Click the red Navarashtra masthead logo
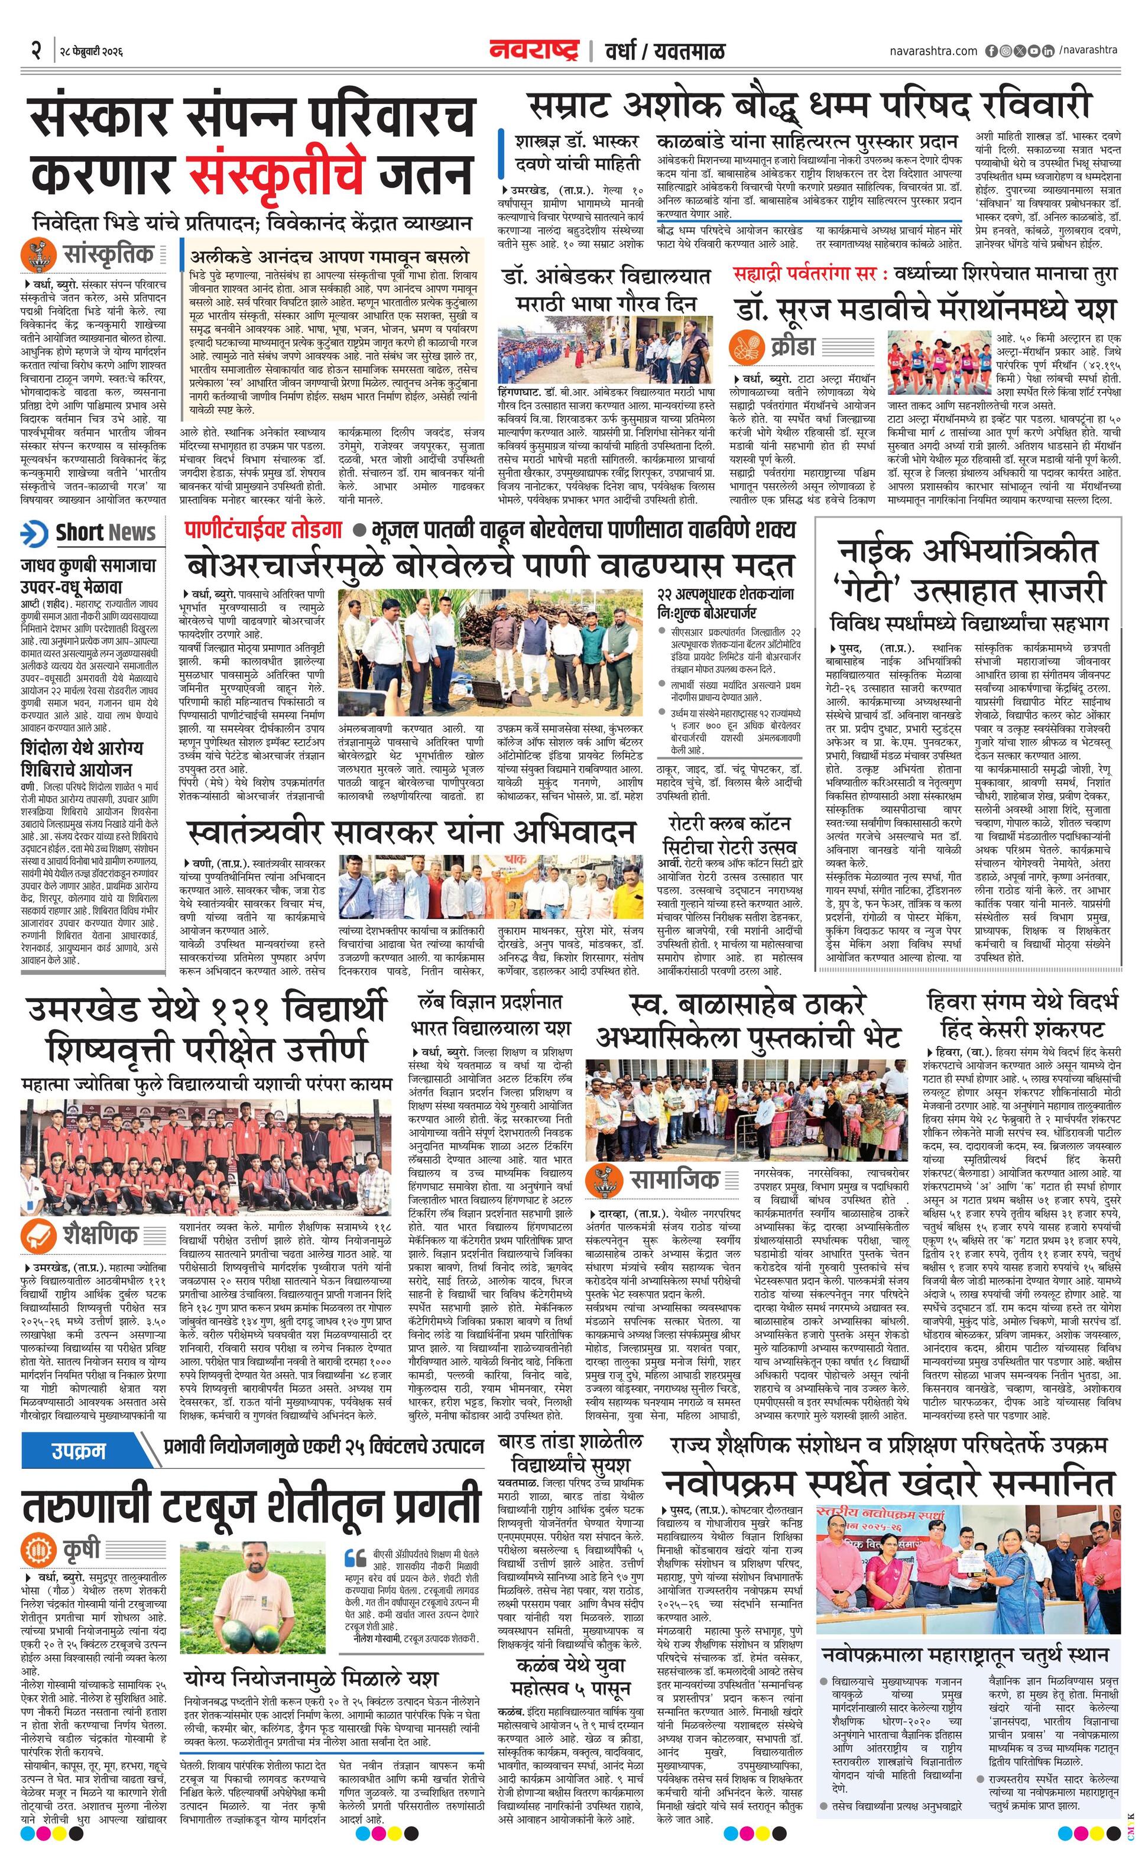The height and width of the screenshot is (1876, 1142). [534, 51]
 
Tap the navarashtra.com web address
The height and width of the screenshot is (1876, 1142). [933, 51]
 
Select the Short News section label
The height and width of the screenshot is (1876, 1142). [105, 533]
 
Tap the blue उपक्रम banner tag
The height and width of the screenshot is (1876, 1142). [79, 1450]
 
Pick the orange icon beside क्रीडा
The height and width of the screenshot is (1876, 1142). [746, 347]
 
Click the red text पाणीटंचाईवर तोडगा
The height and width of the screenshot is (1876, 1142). [264, 529]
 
